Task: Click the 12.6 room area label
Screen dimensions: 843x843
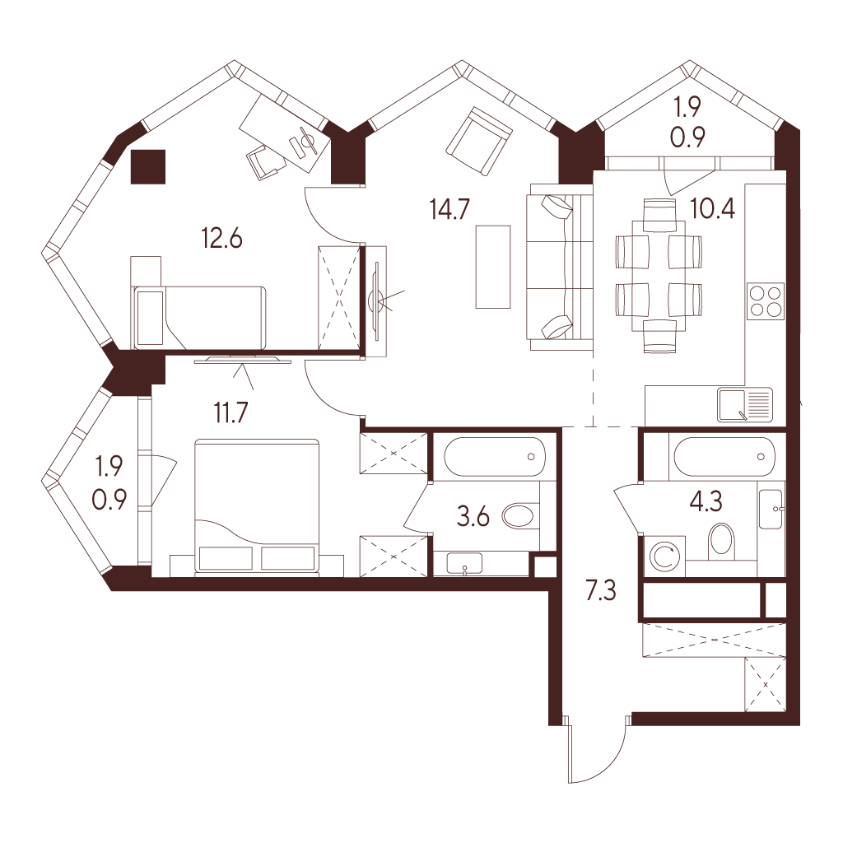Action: [x=222, y=238]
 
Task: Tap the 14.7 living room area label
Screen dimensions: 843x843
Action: [x=450, y=209]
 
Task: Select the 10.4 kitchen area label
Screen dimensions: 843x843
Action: [x=713, y=208]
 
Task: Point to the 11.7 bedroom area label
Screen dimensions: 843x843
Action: [x=231, y=413]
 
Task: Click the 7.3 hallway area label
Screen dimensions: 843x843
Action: [x=600, y=590]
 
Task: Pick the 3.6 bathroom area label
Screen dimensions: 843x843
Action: [x=473, y=517]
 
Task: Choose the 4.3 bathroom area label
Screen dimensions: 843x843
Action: [x=706, y=502]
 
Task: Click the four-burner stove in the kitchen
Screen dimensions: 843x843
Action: [x=766, y=301]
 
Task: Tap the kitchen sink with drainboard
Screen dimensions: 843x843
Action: [x=744, y=404]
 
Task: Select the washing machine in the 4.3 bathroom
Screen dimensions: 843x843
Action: [x=665, y=557]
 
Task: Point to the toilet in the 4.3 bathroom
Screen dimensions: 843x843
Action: [x=721, y=541]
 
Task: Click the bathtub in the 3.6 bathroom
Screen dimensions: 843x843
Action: [x=494, y=456]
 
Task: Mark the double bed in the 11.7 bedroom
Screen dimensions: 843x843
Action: [x=257, y=507]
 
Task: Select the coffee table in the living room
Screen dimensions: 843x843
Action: [x=493, y=267]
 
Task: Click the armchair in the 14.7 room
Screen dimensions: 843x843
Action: [x=478, y=141]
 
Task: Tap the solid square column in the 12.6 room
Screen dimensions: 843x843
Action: [x=148, y=166]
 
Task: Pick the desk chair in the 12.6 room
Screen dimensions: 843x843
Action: [x=266, y=161]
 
